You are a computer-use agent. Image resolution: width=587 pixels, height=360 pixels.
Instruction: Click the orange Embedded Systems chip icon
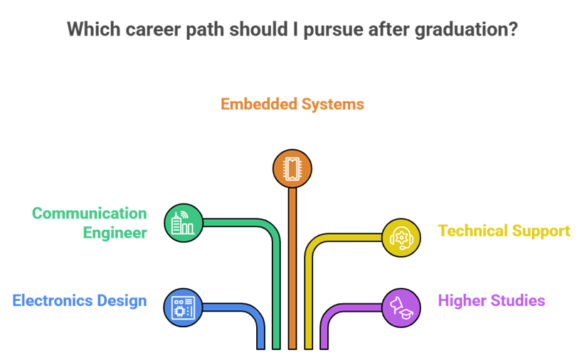coord(292,169)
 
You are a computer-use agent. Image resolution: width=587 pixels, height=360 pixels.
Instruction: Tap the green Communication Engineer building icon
coord(184,223)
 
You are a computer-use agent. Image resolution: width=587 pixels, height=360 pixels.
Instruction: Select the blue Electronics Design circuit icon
coord(184,308)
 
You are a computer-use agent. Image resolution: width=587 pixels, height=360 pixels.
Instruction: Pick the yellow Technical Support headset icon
coord(401,238)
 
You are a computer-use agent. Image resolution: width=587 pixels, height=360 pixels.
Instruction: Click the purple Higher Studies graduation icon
coord(401,308)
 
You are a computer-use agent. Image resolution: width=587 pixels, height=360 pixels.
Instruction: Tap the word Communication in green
coord(89,214)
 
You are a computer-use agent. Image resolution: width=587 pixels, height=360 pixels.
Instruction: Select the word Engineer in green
coord(115,233)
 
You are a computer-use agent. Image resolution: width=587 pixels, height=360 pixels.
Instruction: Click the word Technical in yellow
coord(472,231)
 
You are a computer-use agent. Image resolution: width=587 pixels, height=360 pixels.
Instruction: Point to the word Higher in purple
coord(461,301)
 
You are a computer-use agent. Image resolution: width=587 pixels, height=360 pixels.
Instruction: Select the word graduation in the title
coord(460,31)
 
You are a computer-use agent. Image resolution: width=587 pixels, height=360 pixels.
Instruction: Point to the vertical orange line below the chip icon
coord(292,270)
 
